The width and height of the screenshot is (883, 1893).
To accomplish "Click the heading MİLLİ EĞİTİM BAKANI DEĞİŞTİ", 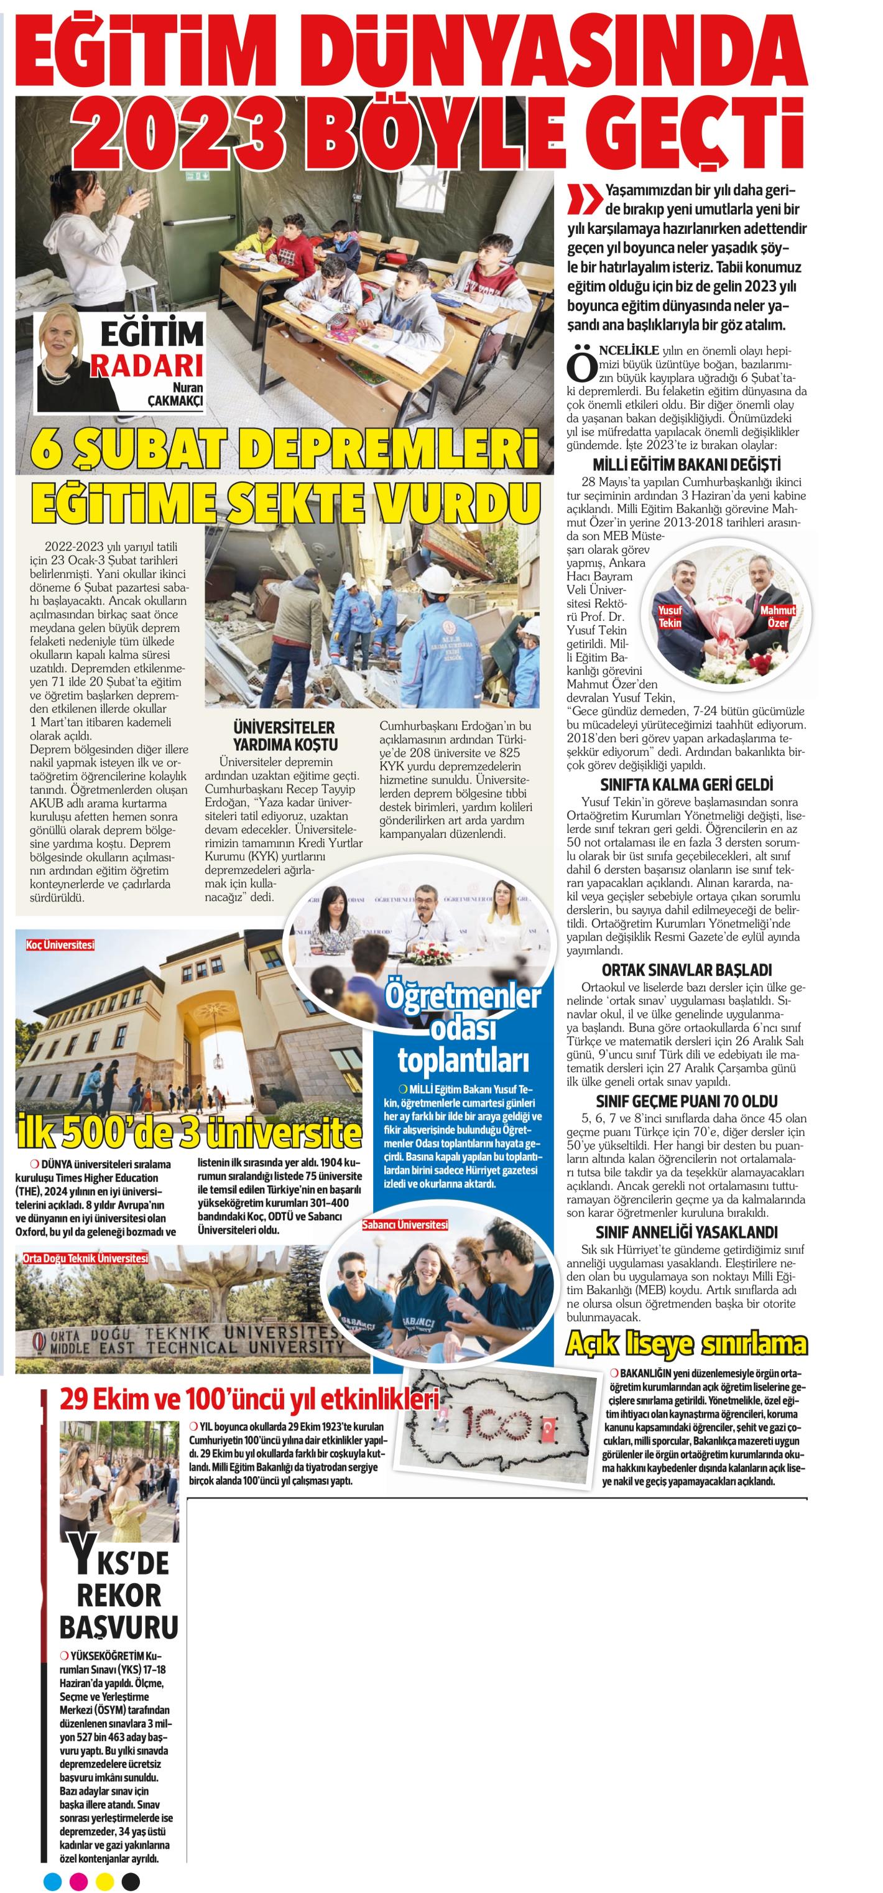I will pyautogui.click(x=686, y=465).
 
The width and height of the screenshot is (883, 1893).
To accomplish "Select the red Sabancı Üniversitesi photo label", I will pyautogui.click(x=405, y=1225).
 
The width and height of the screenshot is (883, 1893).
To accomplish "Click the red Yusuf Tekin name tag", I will pyautogui.click(x=670, y=616).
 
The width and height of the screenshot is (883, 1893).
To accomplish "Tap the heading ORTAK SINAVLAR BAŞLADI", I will pyautogui.click(x=686, y=970).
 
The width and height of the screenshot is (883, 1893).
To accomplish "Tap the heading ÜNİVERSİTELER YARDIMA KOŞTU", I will pyautogui.click(x=284, y=735).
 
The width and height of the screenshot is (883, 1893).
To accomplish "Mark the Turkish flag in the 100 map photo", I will pyautogui.click(x=548, y=1428).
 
